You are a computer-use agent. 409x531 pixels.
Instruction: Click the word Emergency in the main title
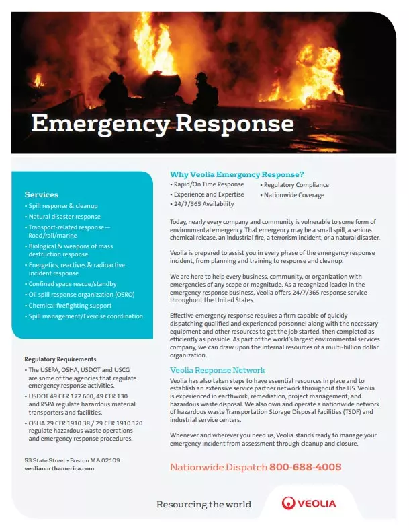[100, 124]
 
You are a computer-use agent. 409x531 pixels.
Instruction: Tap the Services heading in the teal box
[41, 194]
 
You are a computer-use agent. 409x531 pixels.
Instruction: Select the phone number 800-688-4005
[305, 467]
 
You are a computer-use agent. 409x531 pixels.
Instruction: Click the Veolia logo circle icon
[289, 503]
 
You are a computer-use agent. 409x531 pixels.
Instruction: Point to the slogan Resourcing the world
[203, 504]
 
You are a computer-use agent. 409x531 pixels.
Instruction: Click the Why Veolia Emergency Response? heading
[236, 174]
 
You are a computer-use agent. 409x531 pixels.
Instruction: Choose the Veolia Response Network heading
[217, 371]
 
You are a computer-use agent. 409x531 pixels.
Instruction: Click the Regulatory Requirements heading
[60, 359]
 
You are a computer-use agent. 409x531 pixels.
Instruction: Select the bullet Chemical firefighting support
[70, 306]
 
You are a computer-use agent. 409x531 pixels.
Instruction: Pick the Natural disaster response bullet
[64, 217]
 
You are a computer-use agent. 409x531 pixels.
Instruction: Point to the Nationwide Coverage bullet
[293, 195]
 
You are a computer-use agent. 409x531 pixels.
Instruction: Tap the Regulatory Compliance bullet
[296, 184]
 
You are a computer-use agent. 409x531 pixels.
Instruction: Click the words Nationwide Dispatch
[218, 467]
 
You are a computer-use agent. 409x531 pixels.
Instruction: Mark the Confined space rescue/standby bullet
[73, 284]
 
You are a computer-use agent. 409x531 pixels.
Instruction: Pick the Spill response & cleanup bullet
[62, 205]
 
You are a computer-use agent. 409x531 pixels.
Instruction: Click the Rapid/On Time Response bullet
[208, 184]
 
